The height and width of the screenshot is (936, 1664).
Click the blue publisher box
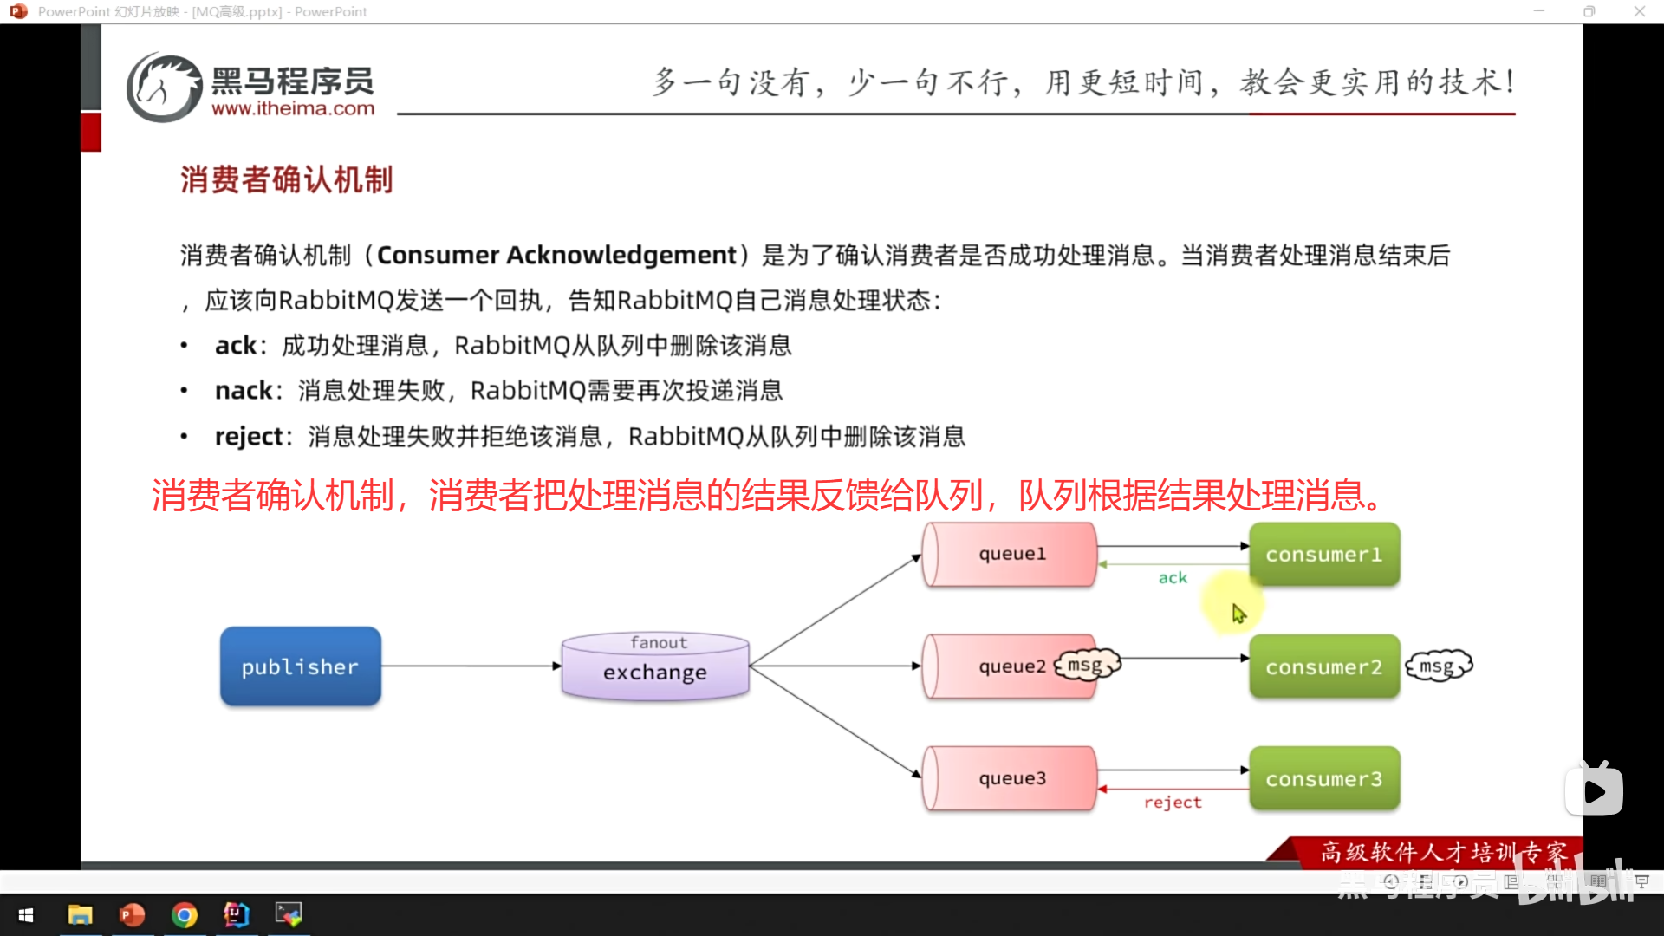[x=300, y=666]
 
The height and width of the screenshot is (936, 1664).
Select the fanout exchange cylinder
[x=655, y=666]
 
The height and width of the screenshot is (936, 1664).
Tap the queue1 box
[x=1011, y=554]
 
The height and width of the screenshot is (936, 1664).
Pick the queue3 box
[x=1011, y=778]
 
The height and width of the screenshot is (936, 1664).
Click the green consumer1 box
[x=1323, y=555]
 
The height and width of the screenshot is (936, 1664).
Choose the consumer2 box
[x=1323, y=667]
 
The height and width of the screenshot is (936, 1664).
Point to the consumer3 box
[x=1323, y=779]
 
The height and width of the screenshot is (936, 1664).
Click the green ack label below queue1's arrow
[x=1173, y=578]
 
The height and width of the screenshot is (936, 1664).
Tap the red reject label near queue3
[x=1173, y=803]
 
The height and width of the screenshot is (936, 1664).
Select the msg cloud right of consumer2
[x=1439, y=666]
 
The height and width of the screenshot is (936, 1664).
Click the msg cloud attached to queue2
[x=1087, y=665]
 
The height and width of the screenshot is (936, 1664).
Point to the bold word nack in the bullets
[x=244, y=391]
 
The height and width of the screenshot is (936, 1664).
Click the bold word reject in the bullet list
[x=249, y=437]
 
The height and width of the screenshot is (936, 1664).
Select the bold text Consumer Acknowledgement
[x=556, y=256]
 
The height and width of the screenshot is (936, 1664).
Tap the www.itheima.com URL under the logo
[x=293, y=109]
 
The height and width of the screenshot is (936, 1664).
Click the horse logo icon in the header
[x=165, y=87]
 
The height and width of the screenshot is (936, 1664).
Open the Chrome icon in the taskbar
[x=185, y=915]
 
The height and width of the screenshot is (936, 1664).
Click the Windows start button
[x=26, y=915]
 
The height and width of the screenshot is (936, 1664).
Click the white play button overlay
[x=1594, y=790]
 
